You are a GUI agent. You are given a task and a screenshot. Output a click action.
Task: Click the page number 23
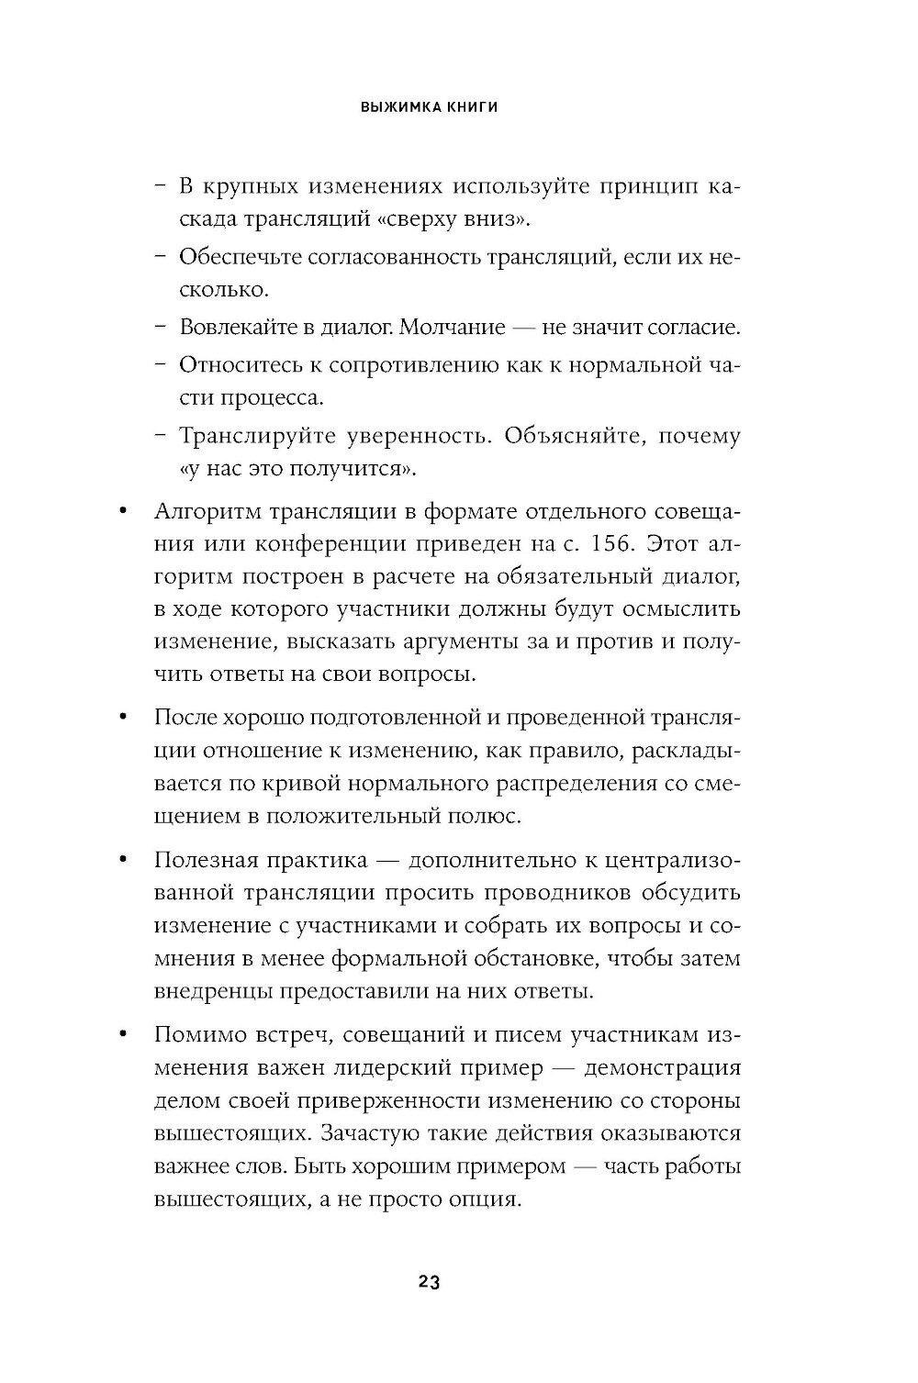click(430, 1283)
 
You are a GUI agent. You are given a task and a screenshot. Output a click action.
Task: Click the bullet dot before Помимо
click(122, 1035)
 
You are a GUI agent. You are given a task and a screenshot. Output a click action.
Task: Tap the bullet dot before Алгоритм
click(122, 510)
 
